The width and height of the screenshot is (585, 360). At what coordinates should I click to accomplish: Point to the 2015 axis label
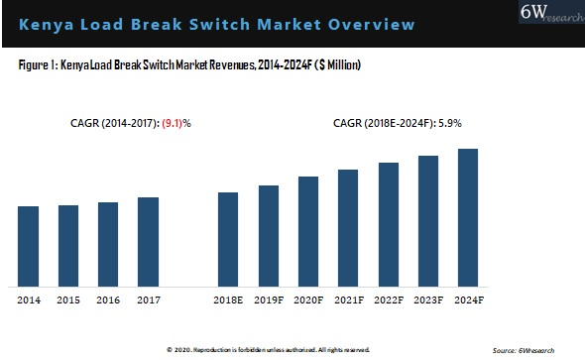tap(67, 299)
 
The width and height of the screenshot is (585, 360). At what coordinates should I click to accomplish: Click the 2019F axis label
tap(268, 299)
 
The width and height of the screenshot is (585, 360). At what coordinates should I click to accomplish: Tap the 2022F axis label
tap(388, 299)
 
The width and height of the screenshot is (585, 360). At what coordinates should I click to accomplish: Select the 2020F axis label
tap(308, 299)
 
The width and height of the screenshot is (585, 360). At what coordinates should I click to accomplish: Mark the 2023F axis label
tap(427, 299)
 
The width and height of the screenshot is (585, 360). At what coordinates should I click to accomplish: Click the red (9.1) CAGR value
tap(177, 124)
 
